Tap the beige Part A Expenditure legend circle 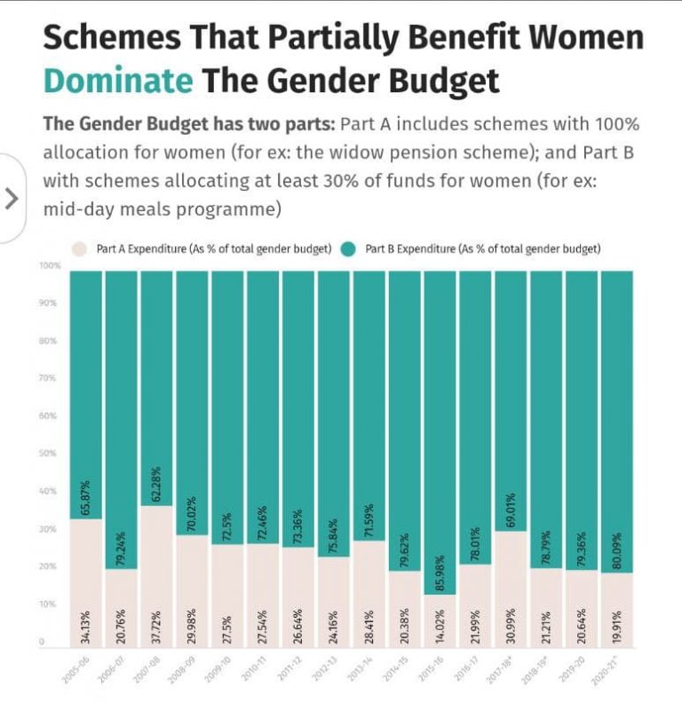79,248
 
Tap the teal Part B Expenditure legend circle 348,248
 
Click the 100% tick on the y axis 50,265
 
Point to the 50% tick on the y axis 50,454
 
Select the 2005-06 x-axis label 75,667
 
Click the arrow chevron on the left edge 12,197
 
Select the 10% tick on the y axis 51,604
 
